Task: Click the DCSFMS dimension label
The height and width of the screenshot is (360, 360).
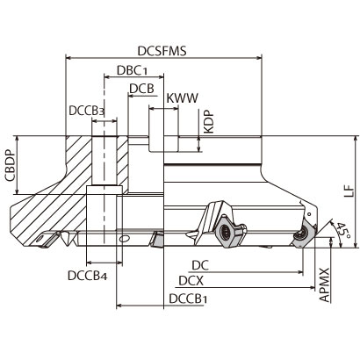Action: (162, 51)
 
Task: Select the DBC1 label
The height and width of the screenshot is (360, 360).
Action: (132, 70)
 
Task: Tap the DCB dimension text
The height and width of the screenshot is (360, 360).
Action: (141, 89)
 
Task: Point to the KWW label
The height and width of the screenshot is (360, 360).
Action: (183, 98)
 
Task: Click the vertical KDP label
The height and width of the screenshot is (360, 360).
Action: (209, 122)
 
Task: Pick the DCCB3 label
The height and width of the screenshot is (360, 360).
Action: (86, 111)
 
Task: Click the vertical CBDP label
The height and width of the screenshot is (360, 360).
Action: (10, 165)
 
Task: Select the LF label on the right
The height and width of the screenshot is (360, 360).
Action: (349, 191)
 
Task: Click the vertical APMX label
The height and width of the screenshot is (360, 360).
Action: (325, 284)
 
